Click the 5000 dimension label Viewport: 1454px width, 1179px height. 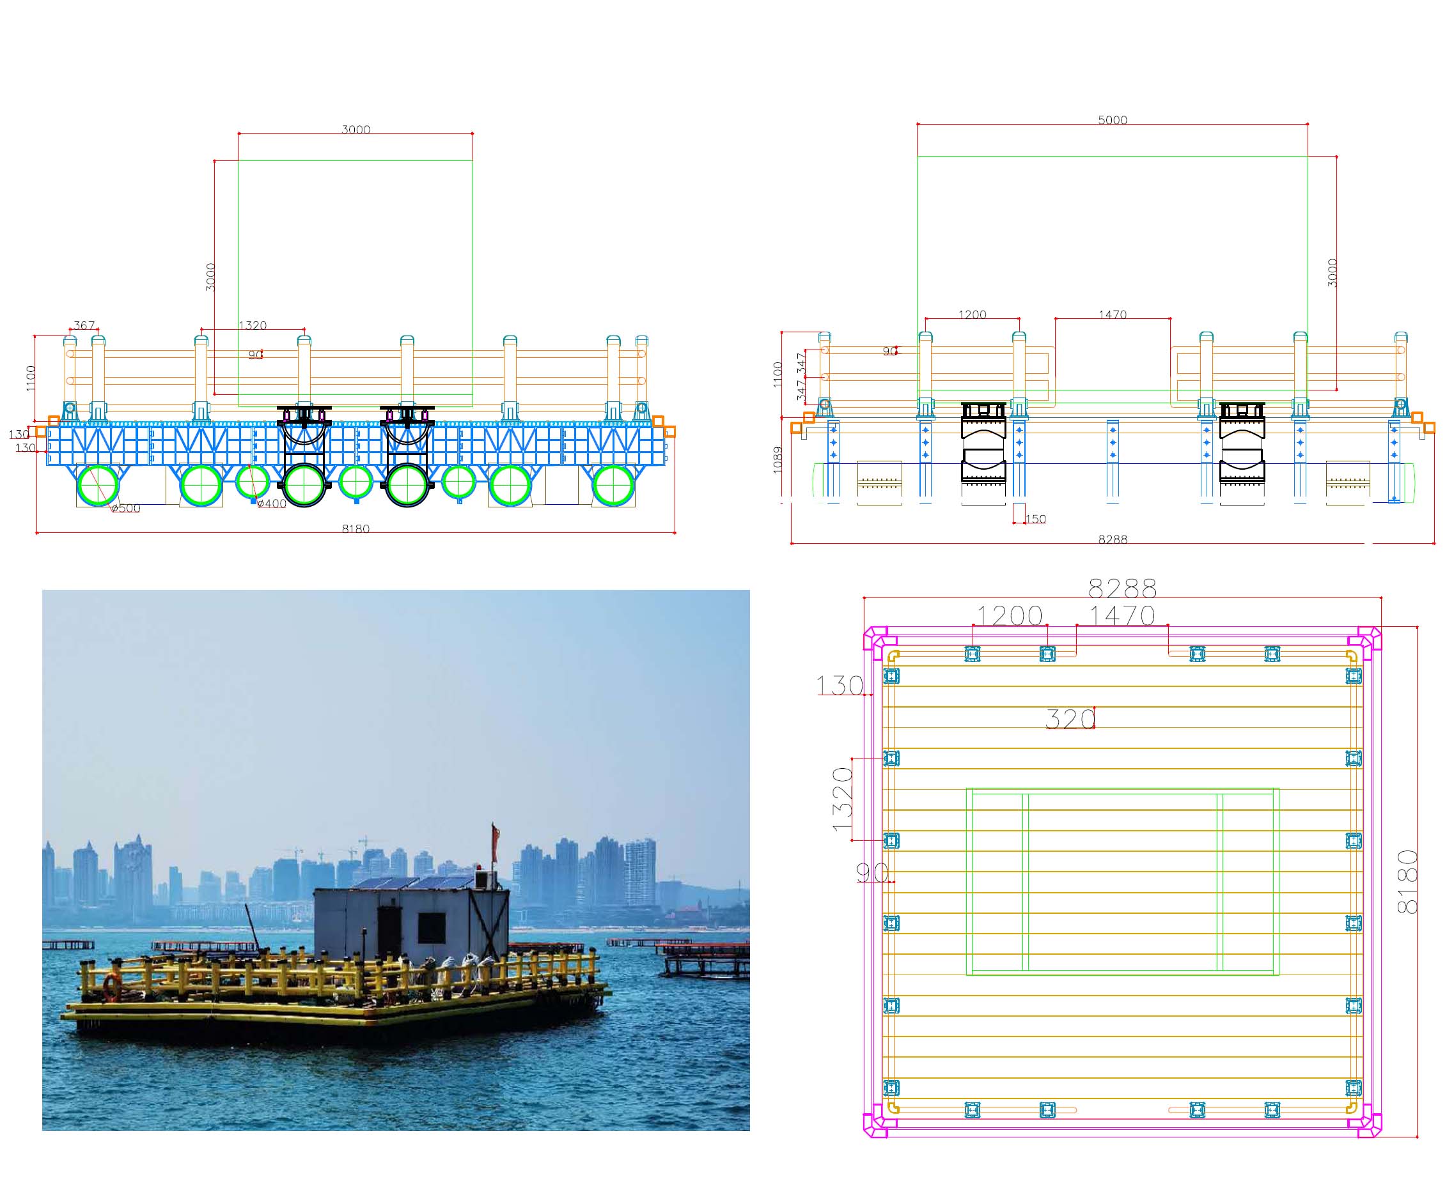(x=1113, y=120)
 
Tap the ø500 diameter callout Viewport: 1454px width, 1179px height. (x=126, y=508)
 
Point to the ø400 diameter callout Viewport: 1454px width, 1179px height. (x=272, y=504)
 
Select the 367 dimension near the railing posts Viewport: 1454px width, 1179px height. (x=84, y=325)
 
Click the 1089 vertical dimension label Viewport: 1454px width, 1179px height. (x=778, y=460)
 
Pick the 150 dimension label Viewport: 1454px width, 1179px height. (x=1035, y=519)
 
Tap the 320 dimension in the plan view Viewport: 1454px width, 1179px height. (x=1071, y=719)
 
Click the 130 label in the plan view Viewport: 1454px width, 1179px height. (x=840, y=686)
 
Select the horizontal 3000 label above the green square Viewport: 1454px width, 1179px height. (x=356, y=129)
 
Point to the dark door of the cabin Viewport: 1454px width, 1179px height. (x=389, y=931)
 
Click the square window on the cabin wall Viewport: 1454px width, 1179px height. (x=432, y=928)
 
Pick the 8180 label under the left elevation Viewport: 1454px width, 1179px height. (x=356, y=528)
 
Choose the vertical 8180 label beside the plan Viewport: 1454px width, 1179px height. (x=1408, y=881)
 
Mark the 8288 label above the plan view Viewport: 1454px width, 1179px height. (x=1122, y=587)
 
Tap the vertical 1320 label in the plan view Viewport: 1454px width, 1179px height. (x=843, y=799)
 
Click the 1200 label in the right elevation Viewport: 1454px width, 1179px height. (x=973, y=314)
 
